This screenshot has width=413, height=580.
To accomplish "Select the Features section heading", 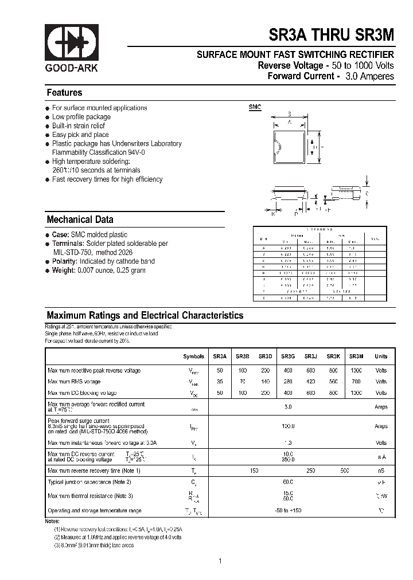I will [x=64, y=93].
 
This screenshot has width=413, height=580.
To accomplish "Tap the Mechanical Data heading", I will [x=80, y=220].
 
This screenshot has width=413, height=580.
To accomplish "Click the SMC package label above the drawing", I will [x=255, y=107].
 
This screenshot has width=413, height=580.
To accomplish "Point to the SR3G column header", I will [x=288, y=356].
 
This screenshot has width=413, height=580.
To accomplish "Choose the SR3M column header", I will [x=356, y=356].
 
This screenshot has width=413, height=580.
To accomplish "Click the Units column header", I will [x=381, y=356].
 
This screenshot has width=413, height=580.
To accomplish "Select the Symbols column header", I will [x=193, y=356].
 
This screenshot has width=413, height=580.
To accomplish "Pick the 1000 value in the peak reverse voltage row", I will [x=356, y=370].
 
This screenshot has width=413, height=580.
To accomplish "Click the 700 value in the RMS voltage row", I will [x=356, y=382].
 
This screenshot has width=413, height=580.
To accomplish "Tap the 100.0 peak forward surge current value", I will [x=288, y=426].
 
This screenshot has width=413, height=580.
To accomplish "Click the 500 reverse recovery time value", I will [x=344, y=471].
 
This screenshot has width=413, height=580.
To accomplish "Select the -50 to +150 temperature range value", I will [x=288, y=511].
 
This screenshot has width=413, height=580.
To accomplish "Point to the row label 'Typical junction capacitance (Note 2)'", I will [x=89, y=482].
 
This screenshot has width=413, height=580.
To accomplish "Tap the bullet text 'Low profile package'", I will [x=81, y=117].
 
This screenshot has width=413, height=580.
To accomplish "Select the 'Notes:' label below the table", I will [x=52, y=521].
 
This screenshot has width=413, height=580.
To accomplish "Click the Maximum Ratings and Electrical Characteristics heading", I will [x=145, y=315].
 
